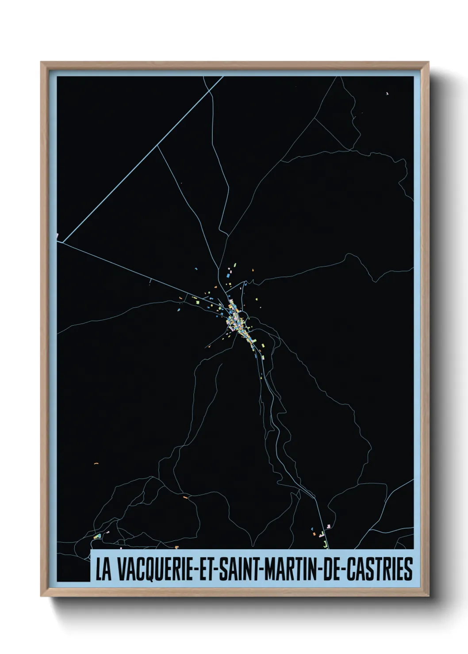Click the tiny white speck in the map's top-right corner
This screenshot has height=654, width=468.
point(387,93)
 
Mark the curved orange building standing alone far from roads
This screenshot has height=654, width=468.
point(96,464)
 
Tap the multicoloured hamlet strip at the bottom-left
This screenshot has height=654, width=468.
point(97,536)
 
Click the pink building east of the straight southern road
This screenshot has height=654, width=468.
point(329,525)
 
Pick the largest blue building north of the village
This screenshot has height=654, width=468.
point(229,275)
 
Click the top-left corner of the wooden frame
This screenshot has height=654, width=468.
point(41,62)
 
